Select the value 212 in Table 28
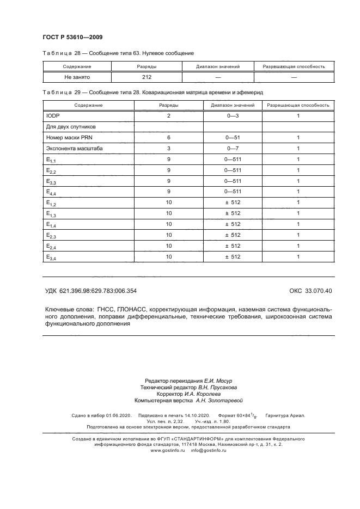point(147,77)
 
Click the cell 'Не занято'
point(77,77)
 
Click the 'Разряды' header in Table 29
point(169,105)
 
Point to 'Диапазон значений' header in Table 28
point(218,66)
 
